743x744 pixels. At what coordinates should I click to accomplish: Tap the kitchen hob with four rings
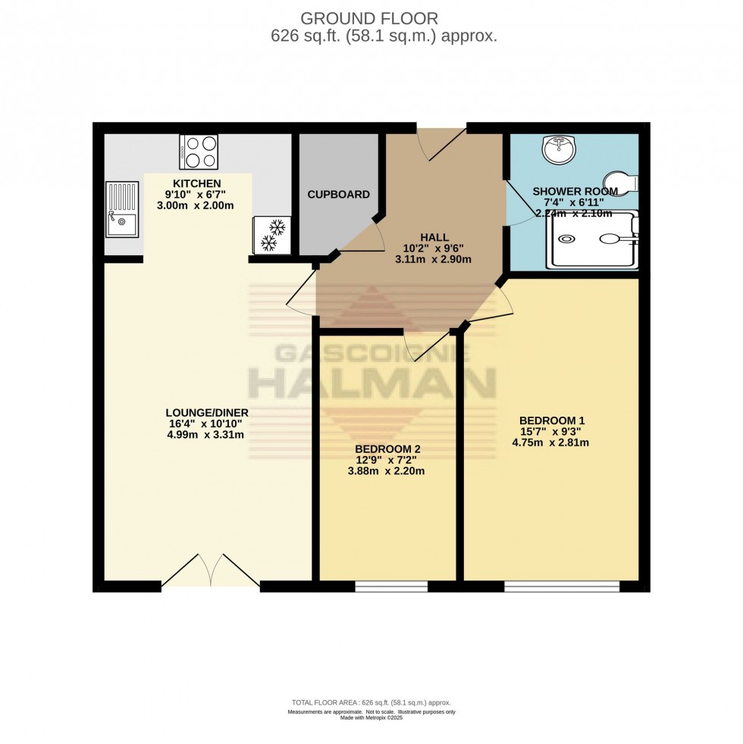tap(198, 152)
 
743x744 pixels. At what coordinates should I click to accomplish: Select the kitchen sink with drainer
tap(121, 209)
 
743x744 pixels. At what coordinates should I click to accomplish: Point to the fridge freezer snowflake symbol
tap(268, 235)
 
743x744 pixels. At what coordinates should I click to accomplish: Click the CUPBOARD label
tap(338, 195)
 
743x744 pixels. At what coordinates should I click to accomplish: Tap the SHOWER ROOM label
tap(575, 191)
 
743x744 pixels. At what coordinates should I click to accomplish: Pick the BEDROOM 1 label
tap(552, 420)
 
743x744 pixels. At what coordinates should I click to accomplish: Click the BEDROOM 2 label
tap(387, 449)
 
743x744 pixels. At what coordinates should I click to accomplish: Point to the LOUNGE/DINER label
tap(207, 412)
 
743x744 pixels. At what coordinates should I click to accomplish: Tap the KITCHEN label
tap(196, 183)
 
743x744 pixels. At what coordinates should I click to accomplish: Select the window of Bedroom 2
tap(390, 586)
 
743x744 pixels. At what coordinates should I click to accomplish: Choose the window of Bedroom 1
tap(562, 586)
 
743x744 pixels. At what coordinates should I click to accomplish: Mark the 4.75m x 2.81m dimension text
tap(552, 443)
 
